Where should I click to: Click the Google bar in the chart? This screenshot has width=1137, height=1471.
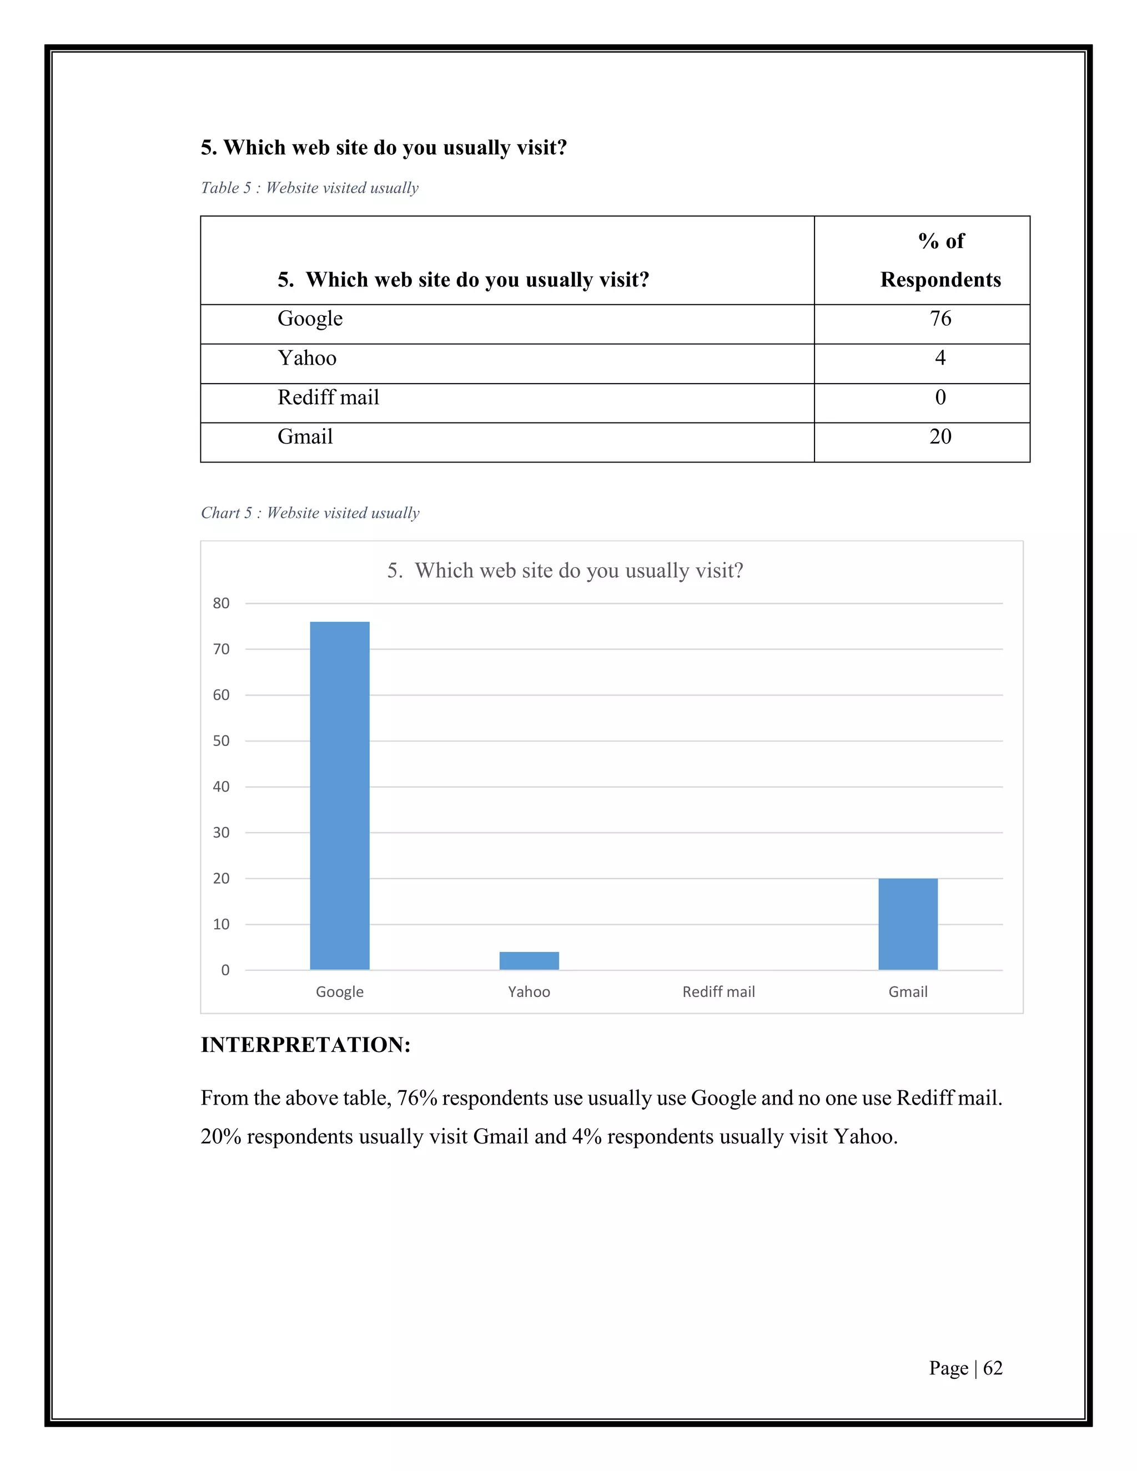(339, 795)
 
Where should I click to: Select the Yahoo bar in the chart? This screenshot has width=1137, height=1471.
(529, 960)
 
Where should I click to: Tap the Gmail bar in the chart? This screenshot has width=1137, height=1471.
(907, 924)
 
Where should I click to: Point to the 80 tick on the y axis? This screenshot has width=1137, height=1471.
(221, 603)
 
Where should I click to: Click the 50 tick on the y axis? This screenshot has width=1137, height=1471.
(221, 741)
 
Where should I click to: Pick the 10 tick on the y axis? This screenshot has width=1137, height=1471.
(221, 924)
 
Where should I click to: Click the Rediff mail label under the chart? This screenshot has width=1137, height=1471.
(718, 991)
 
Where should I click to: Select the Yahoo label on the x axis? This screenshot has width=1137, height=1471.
(529, 991)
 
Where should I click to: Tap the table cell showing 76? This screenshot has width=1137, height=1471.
(940, 319)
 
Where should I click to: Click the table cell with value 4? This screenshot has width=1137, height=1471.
(940, 357)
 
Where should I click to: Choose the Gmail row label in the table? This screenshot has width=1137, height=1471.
(305, 436)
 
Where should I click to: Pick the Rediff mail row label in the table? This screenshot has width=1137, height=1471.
(328, 397)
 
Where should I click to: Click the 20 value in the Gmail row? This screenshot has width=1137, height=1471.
(940, 436)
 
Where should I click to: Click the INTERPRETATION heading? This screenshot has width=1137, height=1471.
(305, 1045)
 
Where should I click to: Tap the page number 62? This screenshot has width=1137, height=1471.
(992, 1368)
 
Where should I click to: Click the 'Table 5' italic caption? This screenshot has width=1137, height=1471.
(309, 188)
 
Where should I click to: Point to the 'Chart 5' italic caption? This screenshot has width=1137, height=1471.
(310, 513)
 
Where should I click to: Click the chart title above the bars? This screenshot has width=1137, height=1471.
(565, 571)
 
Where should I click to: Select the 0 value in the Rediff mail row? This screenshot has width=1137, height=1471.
(940, 397)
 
